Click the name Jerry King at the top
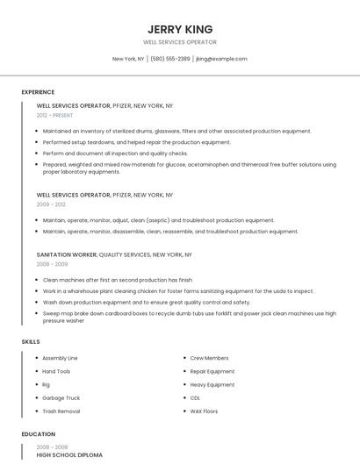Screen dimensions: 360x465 (x=180, y=29)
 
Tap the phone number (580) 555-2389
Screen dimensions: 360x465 (x=169, y=59)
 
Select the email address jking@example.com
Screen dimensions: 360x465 (x=221, y=59)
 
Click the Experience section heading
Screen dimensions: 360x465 (x=38, y=92)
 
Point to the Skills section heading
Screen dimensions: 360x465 (x=31, y=341)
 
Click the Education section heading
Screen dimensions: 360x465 (x=38, y=434)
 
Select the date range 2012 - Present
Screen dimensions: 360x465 (x=55, y=115)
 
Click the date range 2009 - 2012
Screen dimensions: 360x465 (x=51, y=204)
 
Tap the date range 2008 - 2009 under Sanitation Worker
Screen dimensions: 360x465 (x=52, y=264)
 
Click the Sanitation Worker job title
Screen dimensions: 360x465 (x=67, y=254)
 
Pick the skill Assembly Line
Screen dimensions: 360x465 (x=60, y=358)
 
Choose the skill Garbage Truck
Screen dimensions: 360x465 (x=60, y=397)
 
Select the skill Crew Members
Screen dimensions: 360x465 (x=209, y=358)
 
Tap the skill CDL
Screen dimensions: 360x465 (x=195, y=397)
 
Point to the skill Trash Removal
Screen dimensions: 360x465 (x=61, y=411)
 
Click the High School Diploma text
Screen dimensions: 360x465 (x=69, y=455)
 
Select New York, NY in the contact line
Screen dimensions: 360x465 (x=128, y=59)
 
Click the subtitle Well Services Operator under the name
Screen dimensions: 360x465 (x=180, y=42)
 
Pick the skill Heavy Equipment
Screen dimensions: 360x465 (x=212, y=384)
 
